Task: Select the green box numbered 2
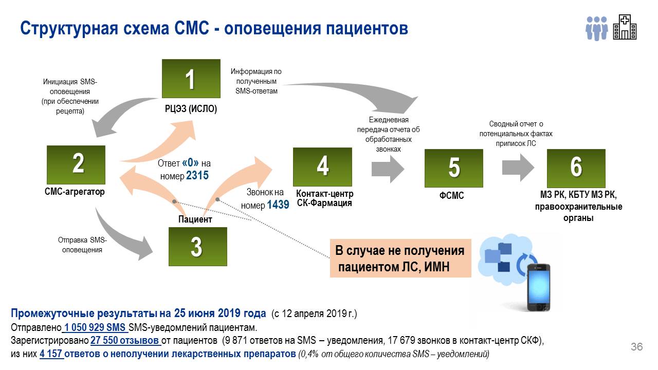[76, 164]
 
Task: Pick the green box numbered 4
[322, 166]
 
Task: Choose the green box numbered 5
[454, 168]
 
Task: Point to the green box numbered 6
[576, 168]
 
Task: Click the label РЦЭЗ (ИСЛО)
[191, 108]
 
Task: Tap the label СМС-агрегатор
[75, 192]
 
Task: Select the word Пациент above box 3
[195, 219]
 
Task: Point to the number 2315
[197, 175]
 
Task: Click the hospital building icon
[625, 27]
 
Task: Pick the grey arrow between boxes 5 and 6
[519, 166]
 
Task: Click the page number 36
[636, 347]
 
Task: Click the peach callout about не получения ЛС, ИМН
[400, 258]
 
